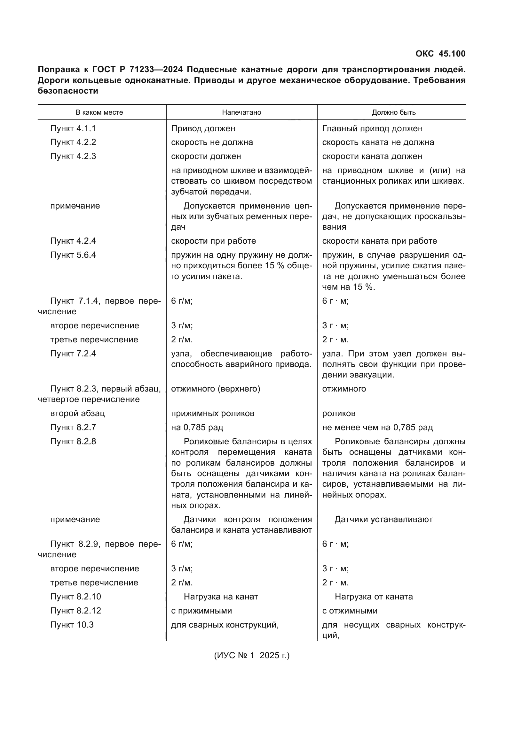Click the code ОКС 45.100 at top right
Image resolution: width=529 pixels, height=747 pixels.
pyautogui.click(x=440, y=54)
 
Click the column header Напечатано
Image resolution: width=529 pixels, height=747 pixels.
pyautogui.click(x=241, y=112)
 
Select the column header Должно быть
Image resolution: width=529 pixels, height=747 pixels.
pyautogui.click(x=393, y=112)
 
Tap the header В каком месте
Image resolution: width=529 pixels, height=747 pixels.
pyautogui.click(x=99, y=112)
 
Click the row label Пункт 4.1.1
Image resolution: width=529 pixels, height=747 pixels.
pyautogui.click(x=73, y=128)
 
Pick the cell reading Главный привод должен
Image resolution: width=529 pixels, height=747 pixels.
pyautogui.click(x=372, y=128)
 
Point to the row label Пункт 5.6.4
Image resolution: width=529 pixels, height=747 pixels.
pyautogui.click(x=73, y=255)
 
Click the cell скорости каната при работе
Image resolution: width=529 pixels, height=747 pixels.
pyautogui.click(x=379, y=241)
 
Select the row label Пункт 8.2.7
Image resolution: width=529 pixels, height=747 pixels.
pyautogui.click(x=73, y=427)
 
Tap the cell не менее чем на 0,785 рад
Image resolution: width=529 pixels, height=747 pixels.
pyautogui.click(x=377, y=427)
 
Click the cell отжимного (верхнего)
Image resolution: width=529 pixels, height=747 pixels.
pyautogui.click(x=215, y=389)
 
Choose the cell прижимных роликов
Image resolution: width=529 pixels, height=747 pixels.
pyautogui.click(x=212, y=413)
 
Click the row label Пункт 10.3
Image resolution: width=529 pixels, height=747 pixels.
pyautogui.click(x=72, y=625)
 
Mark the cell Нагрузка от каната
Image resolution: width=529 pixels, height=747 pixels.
pyautogui.click(x=373, y=597)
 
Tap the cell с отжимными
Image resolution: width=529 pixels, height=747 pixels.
pyautogui.click(x=350, y=611)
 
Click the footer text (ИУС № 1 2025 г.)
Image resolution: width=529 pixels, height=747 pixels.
pyautogui.click(x=251, y=655)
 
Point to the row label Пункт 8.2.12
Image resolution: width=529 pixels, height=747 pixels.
pyautogui.click(x=75, y=611)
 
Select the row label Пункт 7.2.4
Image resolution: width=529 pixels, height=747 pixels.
pyautogui.click(x=73, y=354)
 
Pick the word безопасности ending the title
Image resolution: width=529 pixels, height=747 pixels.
pyautogui.click(x=68, y=91)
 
